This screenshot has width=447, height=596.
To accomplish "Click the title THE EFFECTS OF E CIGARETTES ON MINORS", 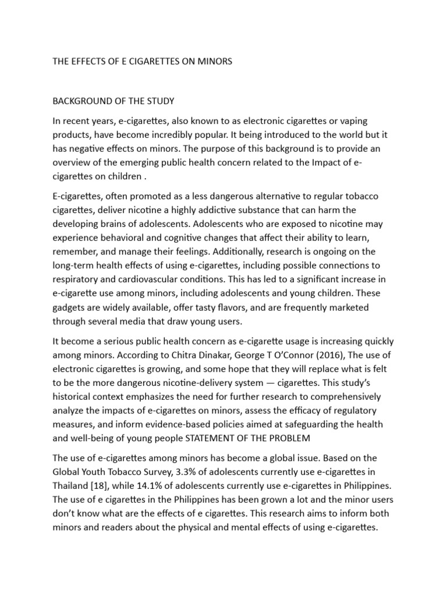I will click(142, 61).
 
